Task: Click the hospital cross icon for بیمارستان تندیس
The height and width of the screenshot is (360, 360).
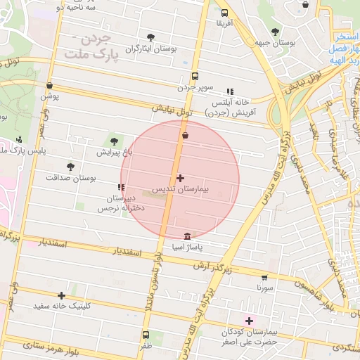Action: pyautogui.click(x=181, y=179)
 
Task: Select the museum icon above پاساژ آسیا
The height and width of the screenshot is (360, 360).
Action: pyautogui.click(x=186, y=236)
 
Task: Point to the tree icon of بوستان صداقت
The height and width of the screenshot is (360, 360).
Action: pyautogui.click(x=70, y=167)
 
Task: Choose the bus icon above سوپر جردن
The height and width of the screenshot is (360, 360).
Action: pyautogui.click(x=195, y=77)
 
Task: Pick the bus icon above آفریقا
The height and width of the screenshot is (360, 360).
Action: pyautogui.click(x=224, y=13)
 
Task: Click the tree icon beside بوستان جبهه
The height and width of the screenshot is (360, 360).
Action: pyautogui.click(x=274, y=32)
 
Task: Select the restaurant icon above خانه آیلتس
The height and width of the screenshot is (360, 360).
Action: pyautogui.click(x=229, y=91)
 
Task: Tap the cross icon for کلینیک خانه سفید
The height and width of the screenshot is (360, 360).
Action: pyautogui.click(x=62, y=295)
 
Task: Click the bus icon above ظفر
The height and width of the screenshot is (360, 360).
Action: pyautogui.click(x=146, y=335)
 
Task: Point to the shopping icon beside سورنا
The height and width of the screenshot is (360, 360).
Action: pyautogui.click(x=264, y=277)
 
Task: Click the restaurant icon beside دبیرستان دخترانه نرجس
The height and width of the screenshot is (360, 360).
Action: pyautogui.click(x=122, y=187)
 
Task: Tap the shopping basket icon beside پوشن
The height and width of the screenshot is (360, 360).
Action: pyautogui.click(x=49, y=83)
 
